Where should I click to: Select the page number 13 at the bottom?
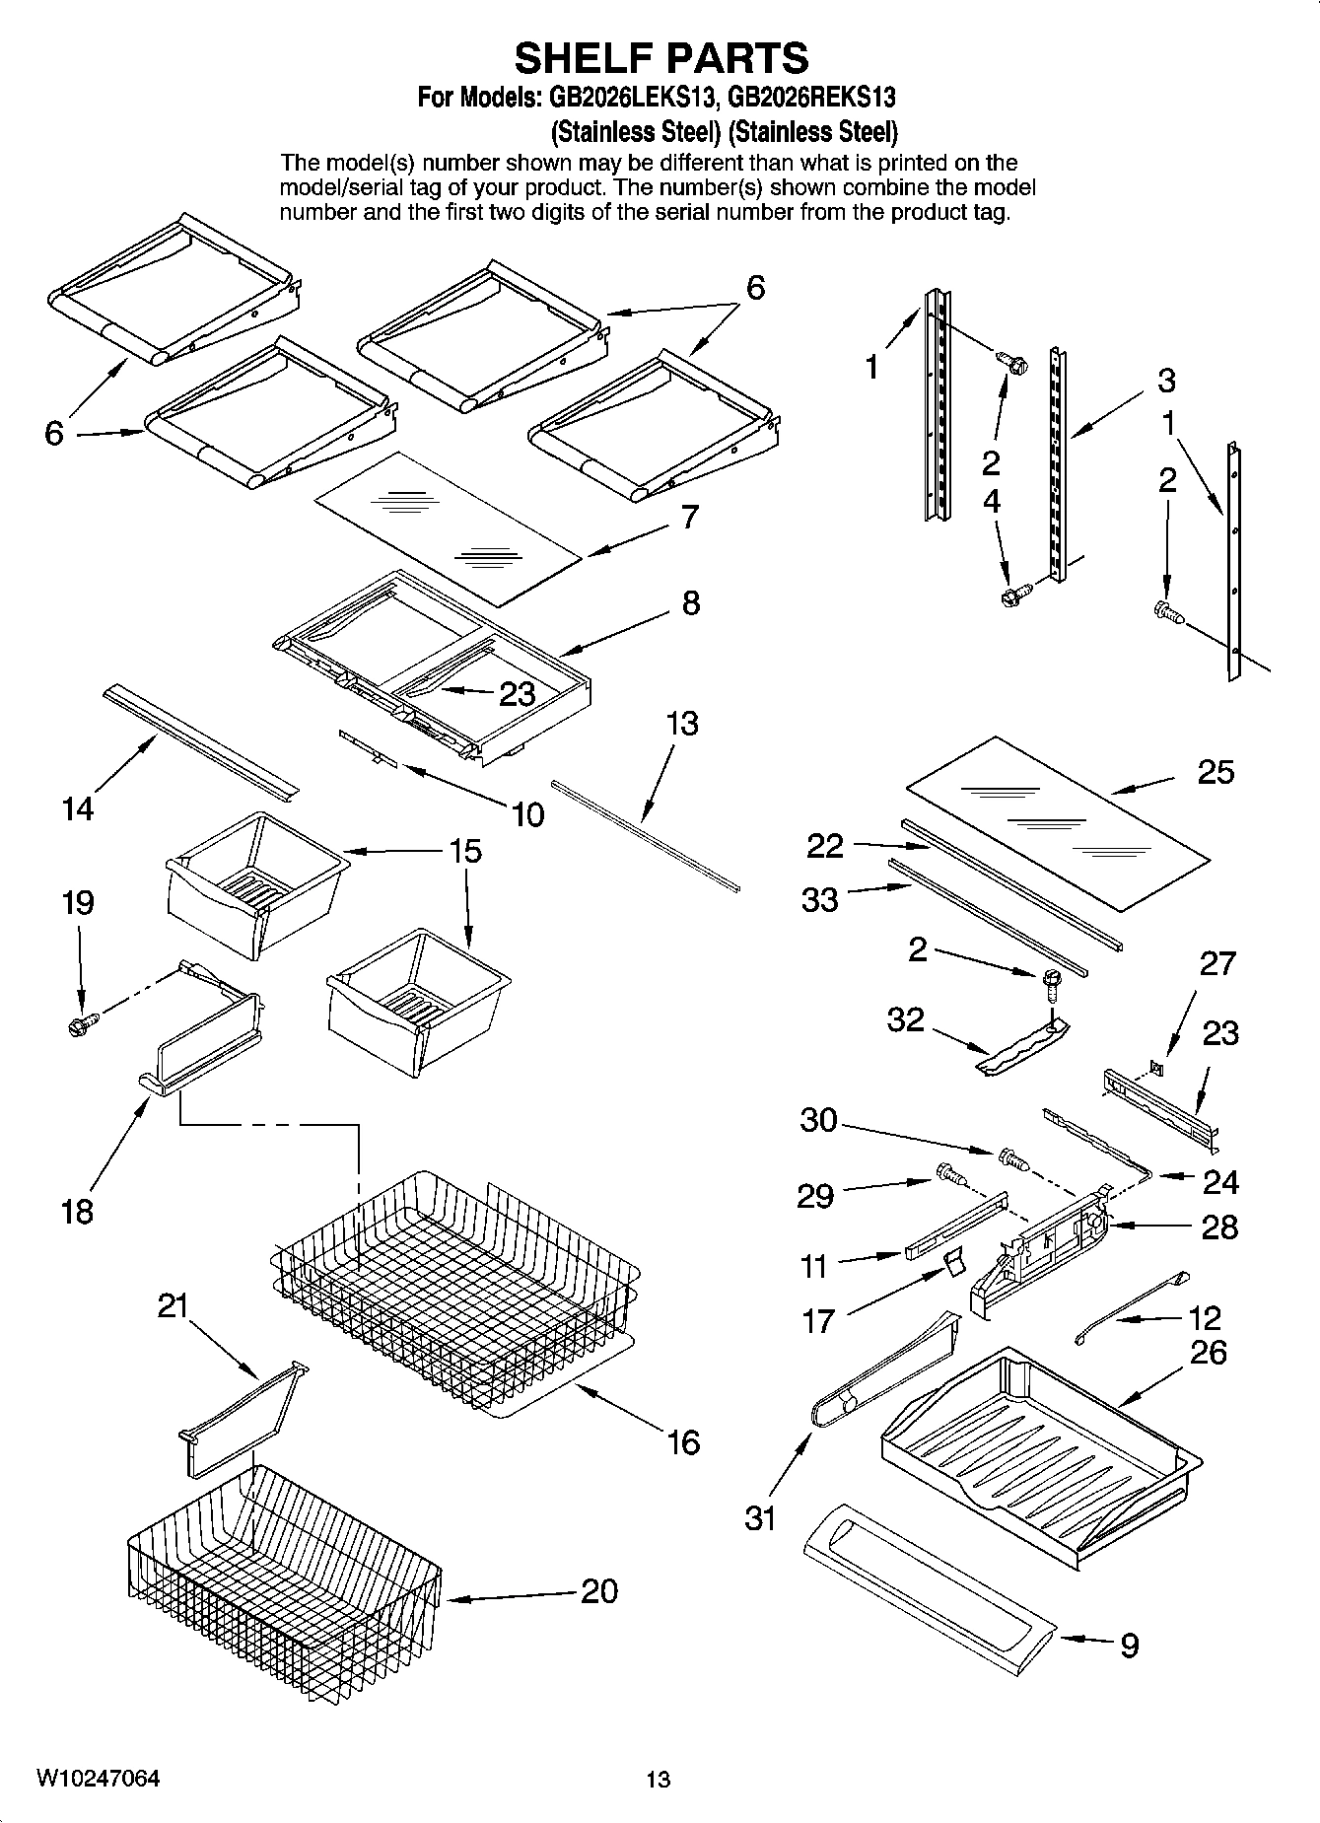658,1779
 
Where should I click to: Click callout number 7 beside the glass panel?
690,517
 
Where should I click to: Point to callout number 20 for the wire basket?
598,1590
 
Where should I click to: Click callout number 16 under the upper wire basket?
682,1442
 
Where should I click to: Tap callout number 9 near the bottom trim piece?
1130,1645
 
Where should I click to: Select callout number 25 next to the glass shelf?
1215,772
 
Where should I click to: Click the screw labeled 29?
949,1174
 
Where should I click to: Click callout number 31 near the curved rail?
760,1517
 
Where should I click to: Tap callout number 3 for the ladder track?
1166,381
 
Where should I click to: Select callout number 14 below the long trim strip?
77,808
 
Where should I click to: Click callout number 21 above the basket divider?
174,1305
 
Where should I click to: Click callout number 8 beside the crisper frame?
690,602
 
